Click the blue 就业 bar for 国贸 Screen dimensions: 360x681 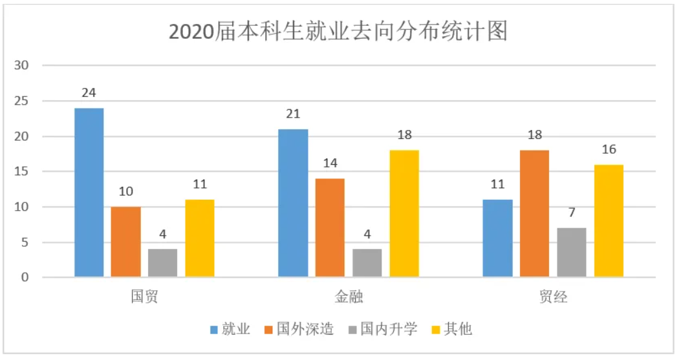pyautogui.click(x=89, y=193)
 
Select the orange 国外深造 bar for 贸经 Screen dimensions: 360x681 pyautogui.click(x=534, y=214)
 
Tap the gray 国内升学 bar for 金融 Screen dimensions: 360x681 pyautogui.click(x=367, y=263)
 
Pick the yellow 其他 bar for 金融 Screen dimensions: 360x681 pyautogui.click(x=404, y=214)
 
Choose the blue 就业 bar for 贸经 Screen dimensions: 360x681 pyautogui.click(x=498, y=238)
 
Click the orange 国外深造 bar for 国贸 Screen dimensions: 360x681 pyautogui.click(x=125, y=242)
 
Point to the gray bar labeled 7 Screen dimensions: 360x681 pyautogui.click(x=571, y=253)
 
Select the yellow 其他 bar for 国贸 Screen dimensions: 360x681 pyautogui.click(x=199, y=238)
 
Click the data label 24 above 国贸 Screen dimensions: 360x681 pyautogui.click(x=89, y=93)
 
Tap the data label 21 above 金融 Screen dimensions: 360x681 pyautogui.click(x=293, y=114)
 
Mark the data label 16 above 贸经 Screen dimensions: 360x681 pyautogui.click(x=609, y=150)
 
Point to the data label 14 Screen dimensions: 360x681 pyautogui.click(x=330, y=164)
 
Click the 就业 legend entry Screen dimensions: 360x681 pyautogui.click(x=230, y=330)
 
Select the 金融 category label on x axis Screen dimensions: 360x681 pyautogui.click(x=349, y=297)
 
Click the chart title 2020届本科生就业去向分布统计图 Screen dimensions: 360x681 pyautogui.click(x=338, y=31)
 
